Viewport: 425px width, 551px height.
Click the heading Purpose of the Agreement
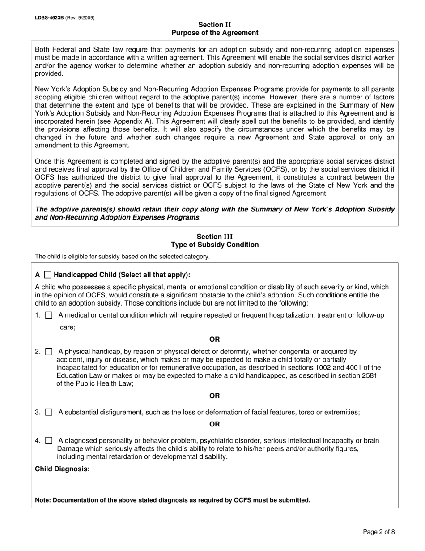point(215,33)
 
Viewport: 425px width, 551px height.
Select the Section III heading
point(215,237)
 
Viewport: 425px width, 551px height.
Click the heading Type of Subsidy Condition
point(215,245)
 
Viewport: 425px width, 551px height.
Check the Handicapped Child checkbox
point(48,275)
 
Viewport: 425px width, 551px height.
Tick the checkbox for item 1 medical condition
point(49,315)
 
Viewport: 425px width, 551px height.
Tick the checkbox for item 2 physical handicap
point(49,352)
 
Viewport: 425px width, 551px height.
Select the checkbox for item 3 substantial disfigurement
point(49,412)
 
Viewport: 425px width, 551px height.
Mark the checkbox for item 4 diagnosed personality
point(49,441)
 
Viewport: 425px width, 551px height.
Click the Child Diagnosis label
point(62,469)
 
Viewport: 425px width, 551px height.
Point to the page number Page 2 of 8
point(379,532)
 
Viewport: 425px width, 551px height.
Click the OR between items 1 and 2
point(215,340)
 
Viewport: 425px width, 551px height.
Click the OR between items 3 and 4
point(215,424)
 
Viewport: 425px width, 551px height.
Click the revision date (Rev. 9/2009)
point(80,18)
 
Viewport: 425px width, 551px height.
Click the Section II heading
point(215,25)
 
